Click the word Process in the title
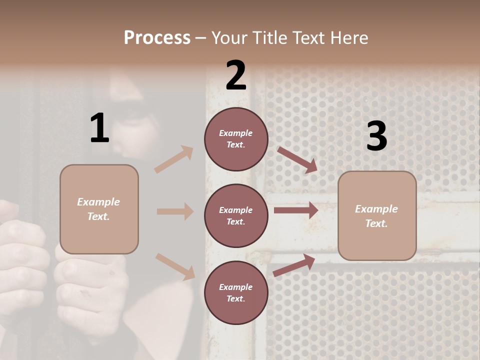click(157, 37)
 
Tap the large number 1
click(99, 128)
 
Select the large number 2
click(236, 75)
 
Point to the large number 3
click(376, 136)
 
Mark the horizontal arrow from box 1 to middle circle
click(175, 211)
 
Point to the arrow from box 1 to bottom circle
click(175, 266)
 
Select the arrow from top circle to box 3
click(297, 159)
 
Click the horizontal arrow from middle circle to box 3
click(296, 210)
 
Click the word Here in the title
click(349, 37)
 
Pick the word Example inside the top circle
click(235, 133)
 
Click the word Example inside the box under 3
click(376, 209)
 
